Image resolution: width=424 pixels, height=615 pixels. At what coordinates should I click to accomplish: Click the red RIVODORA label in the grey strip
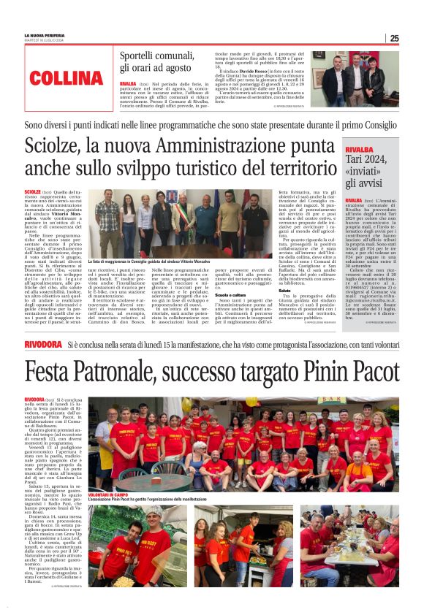click(43, 343)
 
